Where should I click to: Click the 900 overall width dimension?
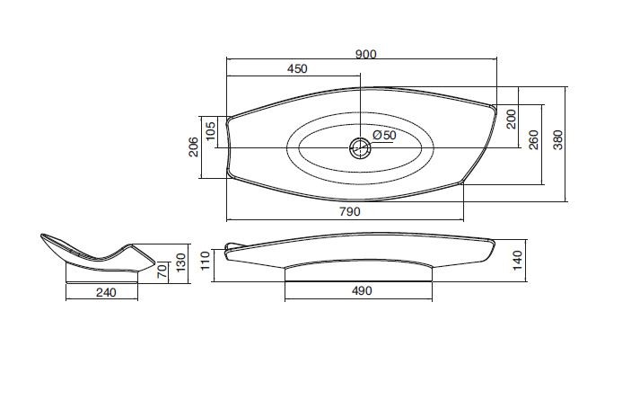pyautogui.click(x=366, y=54)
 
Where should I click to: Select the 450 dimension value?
pyautogui.click(x=297, y=69)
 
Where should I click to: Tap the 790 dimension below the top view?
pyautogui.click(x=350, y=211)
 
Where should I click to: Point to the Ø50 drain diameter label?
pyautogui.click(x=384, y=135)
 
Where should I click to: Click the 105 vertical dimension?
pyautogui.click(x=210, y=131)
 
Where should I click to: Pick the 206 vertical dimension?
pyautogui.click(x=193, y=147)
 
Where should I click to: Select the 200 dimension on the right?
pyautogui.click(x=511, y=119)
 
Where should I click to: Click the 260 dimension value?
pyautogui.click(x=534, y=140)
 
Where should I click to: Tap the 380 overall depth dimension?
pyautogui.click(x=557, y=140)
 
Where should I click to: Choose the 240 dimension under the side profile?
pyautogui.click(x=106, y=292)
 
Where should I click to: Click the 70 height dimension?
pyautogui.click(x=162, y=270)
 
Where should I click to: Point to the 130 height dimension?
pyautogui.click(x=181, y=262)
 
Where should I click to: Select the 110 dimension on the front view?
pyautogui.click(x=206, y=261)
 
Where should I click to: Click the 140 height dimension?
pyautogui.click(x=517, y=260)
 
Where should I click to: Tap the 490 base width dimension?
pyautogui.click(x=362, y=290)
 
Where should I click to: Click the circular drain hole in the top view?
pyautogui.click(x=360, y=147)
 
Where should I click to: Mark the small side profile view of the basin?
pyautogui.click(x=98, y=253)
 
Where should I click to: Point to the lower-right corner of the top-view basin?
pyautogui.click(x=461, y=182)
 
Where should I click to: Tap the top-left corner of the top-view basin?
pyautogui.click(x=229, y=119)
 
